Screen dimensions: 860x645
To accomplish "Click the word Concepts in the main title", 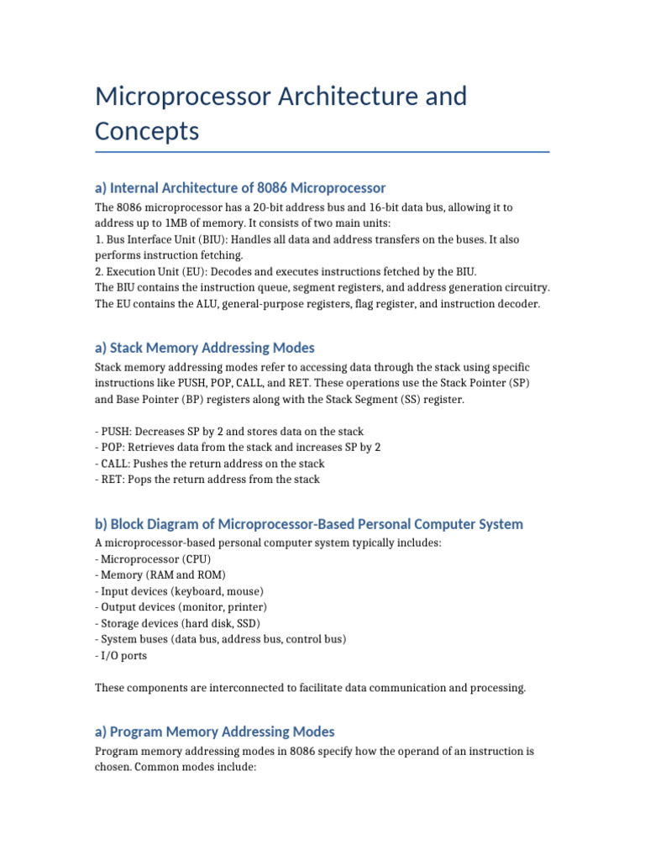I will pos(147,131).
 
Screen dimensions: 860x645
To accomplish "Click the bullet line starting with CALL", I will pos(210,464).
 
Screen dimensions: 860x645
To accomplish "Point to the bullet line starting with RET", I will pos(207,480).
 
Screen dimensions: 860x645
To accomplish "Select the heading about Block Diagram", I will pos(309,524).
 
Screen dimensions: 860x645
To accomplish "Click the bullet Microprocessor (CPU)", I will pos(154,558).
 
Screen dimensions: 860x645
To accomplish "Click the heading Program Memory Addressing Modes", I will pos(215,732).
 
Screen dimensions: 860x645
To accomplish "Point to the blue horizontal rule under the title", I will pos(322,152).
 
